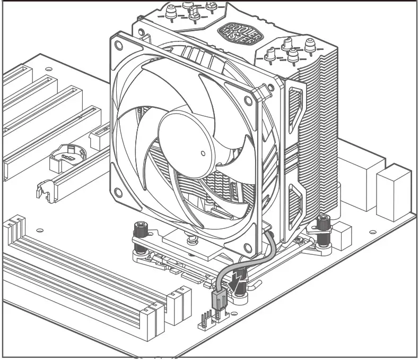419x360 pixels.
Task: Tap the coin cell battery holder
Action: point(67,155)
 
